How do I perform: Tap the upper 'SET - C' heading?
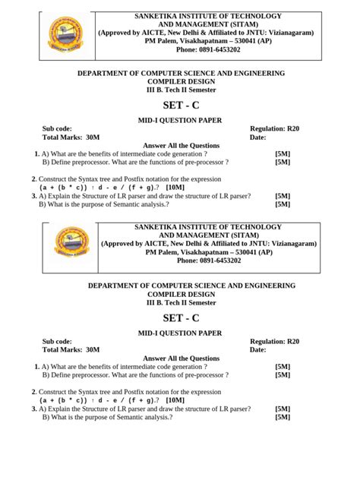pyautogui.click(x=181, y=104)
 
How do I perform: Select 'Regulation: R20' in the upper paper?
pyautogui.click(x=274, y=129)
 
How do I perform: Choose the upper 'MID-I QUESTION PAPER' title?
pyautogui.click(x=180, y=120)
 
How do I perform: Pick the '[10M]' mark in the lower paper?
pyautogui.click(x=175, y=399)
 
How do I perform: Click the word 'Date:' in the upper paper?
pyautogui.click(x=258, y=137)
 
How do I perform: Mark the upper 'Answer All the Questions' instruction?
pyautogui.click(x=181, y=146)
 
